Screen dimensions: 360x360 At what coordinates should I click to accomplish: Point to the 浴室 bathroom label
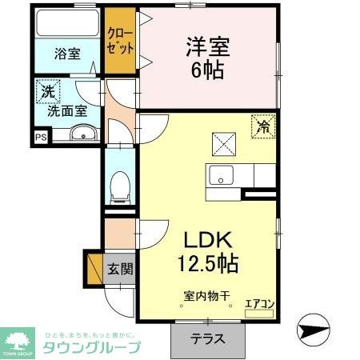67,54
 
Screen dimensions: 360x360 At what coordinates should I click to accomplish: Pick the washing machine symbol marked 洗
48,93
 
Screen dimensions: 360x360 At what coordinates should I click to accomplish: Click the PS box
41,137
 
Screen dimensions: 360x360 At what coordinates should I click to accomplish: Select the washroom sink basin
80,134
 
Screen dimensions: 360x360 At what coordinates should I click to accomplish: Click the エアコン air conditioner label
258,303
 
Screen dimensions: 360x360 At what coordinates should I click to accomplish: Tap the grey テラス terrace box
207,338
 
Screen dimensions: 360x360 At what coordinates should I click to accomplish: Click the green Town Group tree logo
16,341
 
